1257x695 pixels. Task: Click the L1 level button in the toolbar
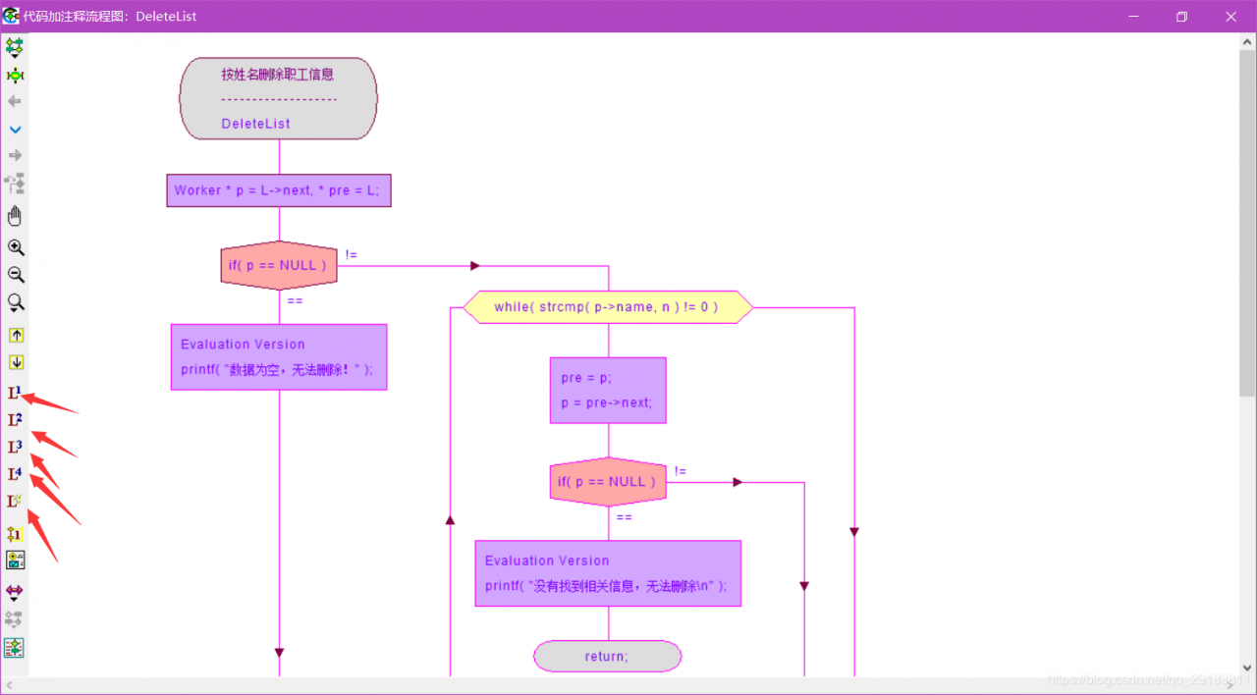click(15, 393)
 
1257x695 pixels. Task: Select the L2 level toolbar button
click(15, 420)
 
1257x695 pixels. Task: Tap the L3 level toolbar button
click(15, 448)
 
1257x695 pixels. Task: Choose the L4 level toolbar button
click(15, 475)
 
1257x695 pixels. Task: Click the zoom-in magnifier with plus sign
click(16, 247)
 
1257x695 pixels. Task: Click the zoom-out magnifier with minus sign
click(16, 275)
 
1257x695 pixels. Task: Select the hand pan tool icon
click(15, 216)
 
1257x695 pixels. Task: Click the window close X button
click(1231, 17)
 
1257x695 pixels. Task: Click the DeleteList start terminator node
click(278, 98)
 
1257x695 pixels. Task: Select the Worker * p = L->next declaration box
click(279, 190)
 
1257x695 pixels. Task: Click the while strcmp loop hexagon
click(607, 307)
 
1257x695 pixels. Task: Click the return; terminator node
click(607, 656)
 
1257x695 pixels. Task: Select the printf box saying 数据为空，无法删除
click(279, 357)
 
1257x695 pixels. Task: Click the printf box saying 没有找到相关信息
click(608, 573)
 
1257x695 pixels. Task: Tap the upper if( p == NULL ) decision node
click(279, 265)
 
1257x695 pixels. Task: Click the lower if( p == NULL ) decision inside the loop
click(608, 482)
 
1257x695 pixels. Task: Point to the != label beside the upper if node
click(351, 255)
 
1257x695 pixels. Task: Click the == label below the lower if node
click(624, 517)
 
